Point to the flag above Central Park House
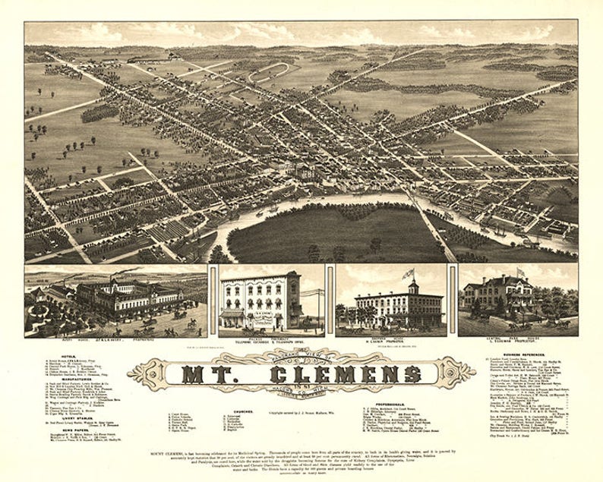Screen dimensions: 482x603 click(x=520, y=271)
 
